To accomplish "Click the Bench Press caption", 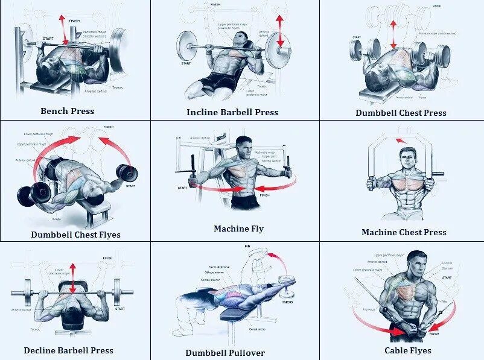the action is pyautogui.click(x=68, y=111).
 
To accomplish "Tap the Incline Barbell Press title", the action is pyautogui.click(x=232, y=112).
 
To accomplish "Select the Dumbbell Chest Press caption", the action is pyautogui.click(x=401, y=113).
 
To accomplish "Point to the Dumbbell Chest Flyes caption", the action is pyautogui.click(x=76, y=235).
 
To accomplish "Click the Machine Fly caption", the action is pyautogui.click(x=238, y=229).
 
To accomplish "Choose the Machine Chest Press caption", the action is pyautogui.click(x=404, y=232).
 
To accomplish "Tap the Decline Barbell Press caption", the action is pyautogui.click(x=69, y=350).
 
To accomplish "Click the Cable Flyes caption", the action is pyautogui.click(x=408, y=350).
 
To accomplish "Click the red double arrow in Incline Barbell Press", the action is pyautogui.click(x=279, y=31).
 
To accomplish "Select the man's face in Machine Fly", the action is pyautogui.click(x=244, y=147).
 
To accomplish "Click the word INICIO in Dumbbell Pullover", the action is pyautogui.click(x=287, y=302).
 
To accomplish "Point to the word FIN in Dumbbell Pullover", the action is pyautogui.click(x=247, y=247).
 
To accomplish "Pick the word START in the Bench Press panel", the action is pyautogui.click(x=48, y=39).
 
